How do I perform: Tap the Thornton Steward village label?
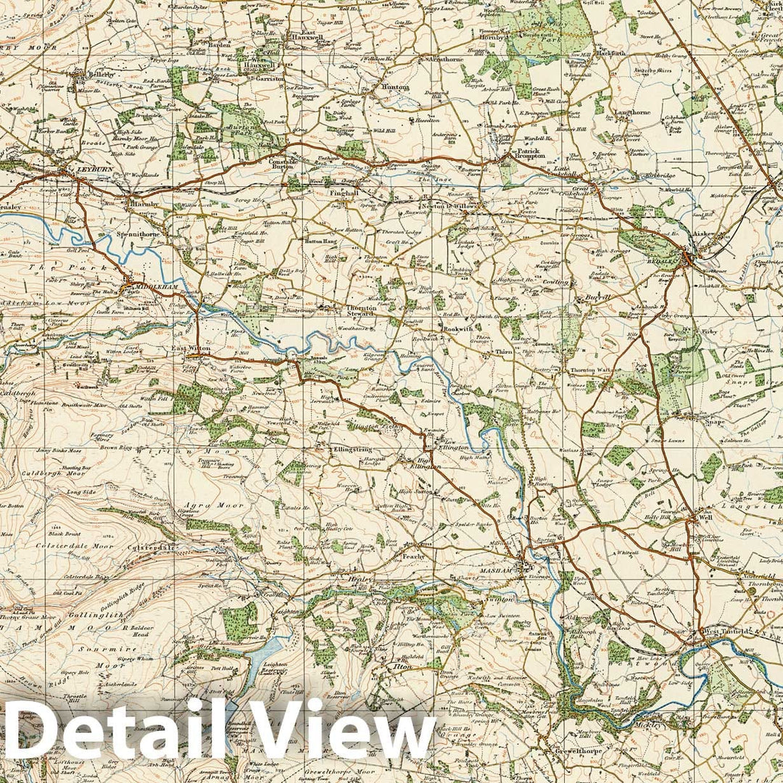pos(360,311)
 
